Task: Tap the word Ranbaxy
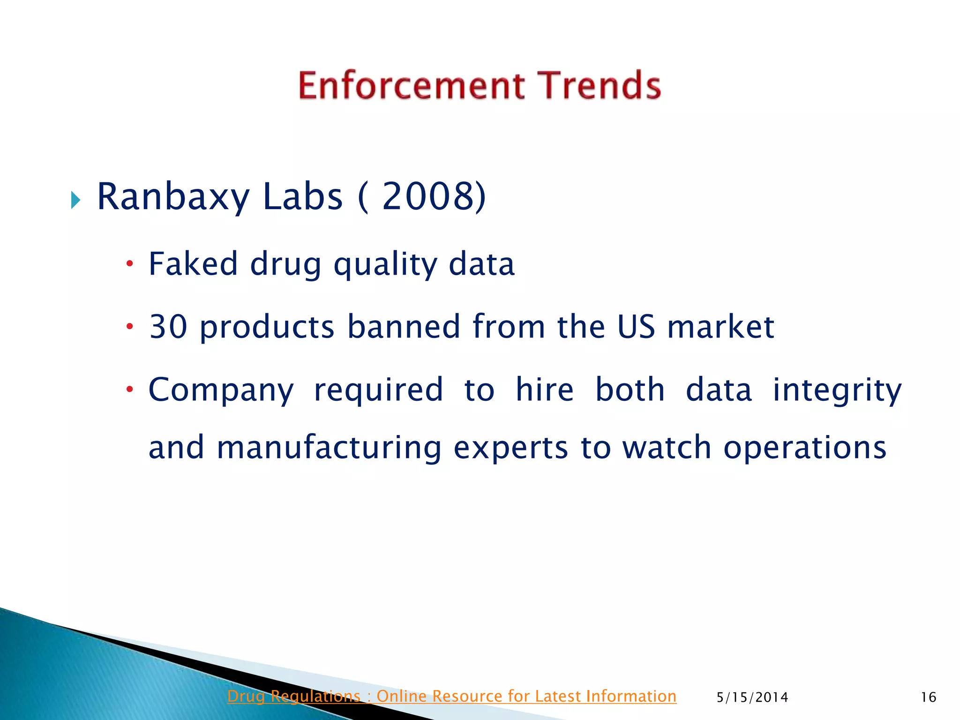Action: [173, 197]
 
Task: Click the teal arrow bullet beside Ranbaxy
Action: [76, 200]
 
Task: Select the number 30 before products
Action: [168, 326]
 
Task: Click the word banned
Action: [404, 326]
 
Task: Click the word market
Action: [720, 326]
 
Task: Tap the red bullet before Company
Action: [130, 389]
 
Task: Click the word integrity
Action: [837, 390]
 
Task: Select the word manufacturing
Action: [329, 447]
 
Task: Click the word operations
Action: [805, 448]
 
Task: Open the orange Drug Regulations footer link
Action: [451, 696]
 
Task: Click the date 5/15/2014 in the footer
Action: [752, 697]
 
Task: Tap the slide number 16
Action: [928, 697]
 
